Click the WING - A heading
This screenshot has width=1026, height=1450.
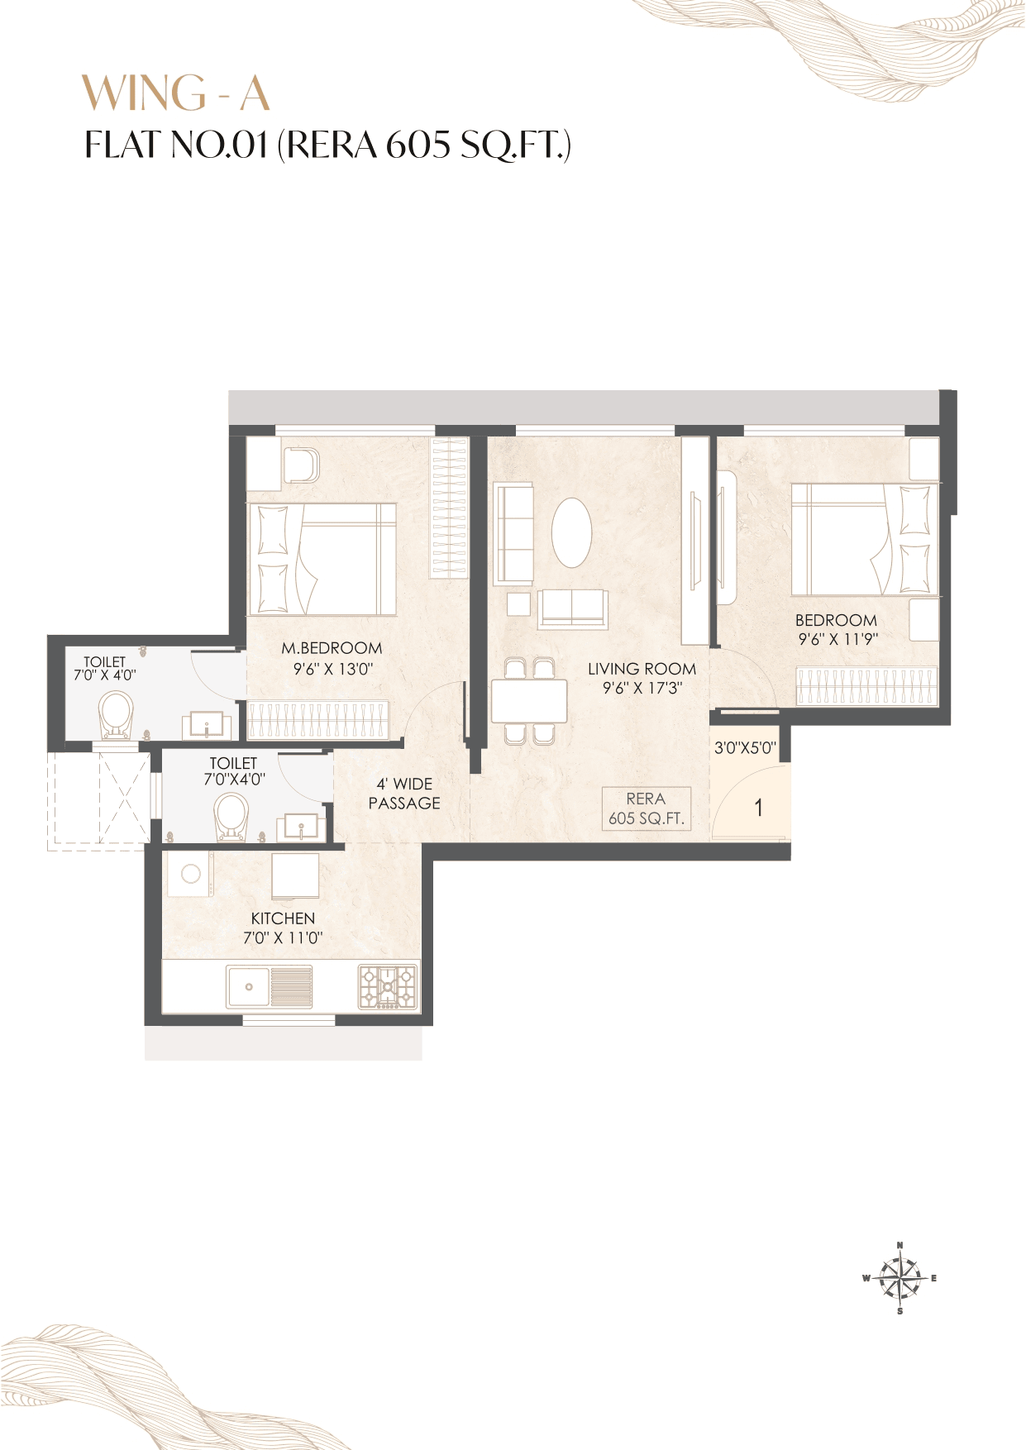[x=176, y=93]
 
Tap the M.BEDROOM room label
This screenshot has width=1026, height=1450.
[x=332, y=648]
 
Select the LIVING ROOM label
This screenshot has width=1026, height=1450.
[x=642, y=669]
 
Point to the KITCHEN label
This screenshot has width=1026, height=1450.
[x=283, y=918]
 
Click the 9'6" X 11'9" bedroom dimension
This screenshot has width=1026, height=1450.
[x=838, y=639]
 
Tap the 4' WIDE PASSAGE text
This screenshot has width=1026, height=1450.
[x=404, y=794]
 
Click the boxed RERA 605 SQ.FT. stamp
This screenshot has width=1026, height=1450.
[x=646, y=808]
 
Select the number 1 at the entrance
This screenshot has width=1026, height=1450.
[x=759, y=808]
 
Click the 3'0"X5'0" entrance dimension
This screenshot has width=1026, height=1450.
[x=745, y=748]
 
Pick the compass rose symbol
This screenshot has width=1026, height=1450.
[x=900, y=1278]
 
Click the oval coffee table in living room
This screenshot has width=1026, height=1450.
[x=571, y=532]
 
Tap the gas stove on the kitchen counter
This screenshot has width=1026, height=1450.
[x=388, y=987]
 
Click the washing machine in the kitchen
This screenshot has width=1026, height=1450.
[x=191, y=875]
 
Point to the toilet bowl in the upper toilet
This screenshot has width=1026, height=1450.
[x=116, y=716]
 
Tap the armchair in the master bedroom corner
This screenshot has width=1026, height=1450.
[x=301, y=465]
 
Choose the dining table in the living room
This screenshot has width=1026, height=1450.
[x=529, y=701]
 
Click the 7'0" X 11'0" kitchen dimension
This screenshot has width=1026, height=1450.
[x=283, y=938]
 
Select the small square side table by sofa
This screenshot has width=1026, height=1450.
[x=519, y=603]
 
